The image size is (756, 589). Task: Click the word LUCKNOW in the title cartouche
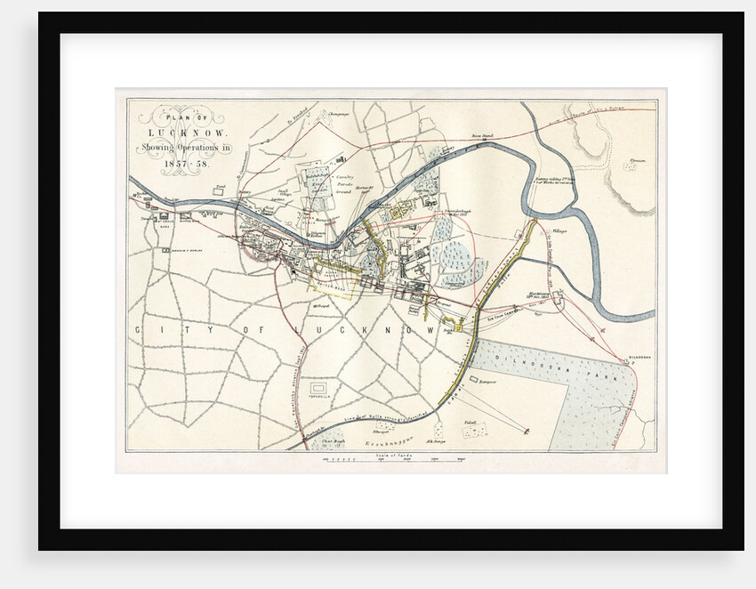[x=183, y=133]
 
